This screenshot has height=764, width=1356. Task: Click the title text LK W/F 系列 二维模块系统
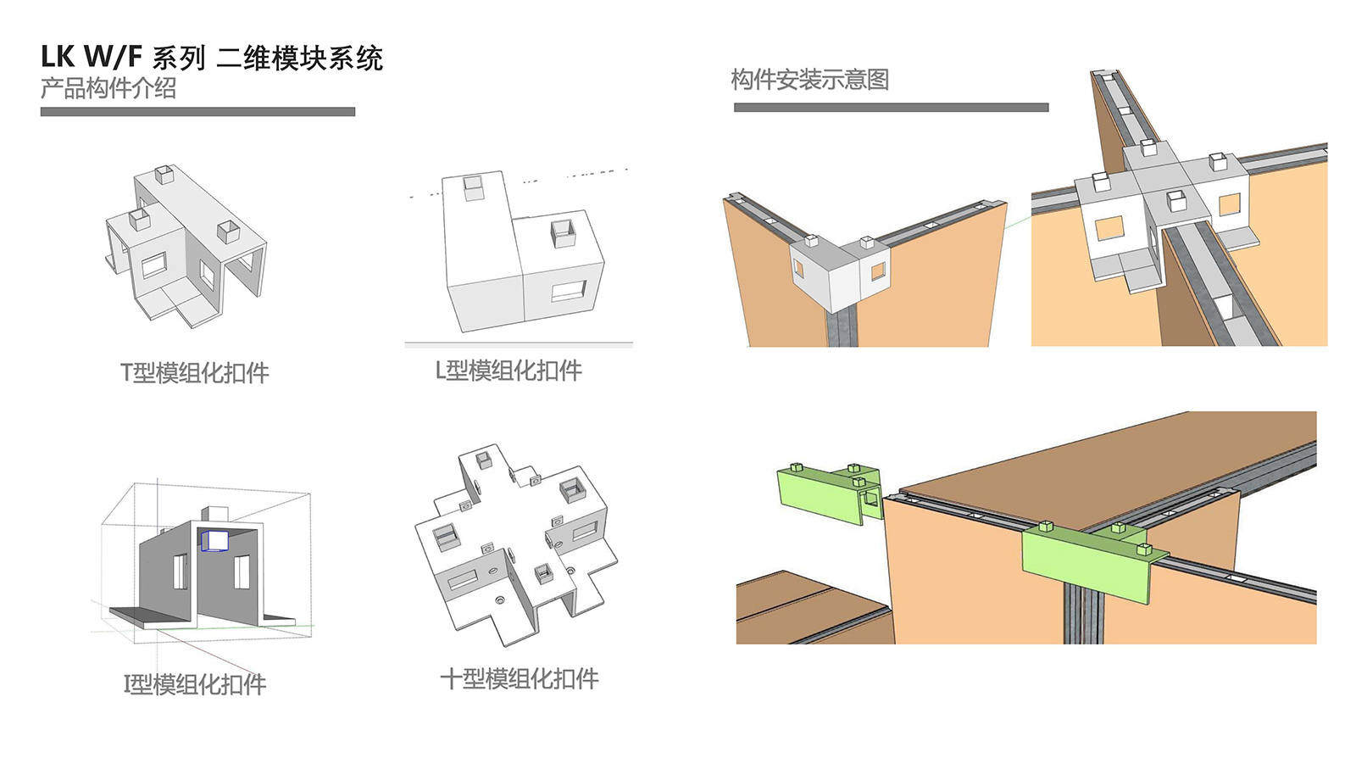(212, 58)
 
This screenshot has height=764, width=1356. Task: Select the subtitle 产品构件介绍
(108, 88)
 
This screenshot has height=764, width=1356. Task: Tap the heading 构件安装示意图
(809, 80)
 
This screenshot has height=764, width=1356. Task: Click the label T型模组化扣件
(194, 373)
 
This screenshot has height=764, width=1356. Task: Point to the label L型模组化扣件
(508, 371)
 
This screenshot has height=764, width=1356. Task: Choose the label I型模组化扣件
(195, 684)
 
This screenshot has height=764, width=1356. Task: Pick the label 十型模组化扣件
(520, 678)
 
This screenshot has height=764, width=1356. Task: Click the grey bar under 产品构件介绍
(197, 112)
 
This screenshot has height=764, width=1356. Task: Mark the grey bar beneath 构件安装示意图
(891, 108)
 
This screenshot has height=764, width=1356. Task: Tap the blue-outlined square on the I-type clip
(215, 540)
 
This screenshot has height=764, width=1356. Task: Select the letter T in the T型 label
(126, 373)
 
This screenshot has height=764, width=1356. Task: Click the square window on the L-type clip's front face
(568, 291)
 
